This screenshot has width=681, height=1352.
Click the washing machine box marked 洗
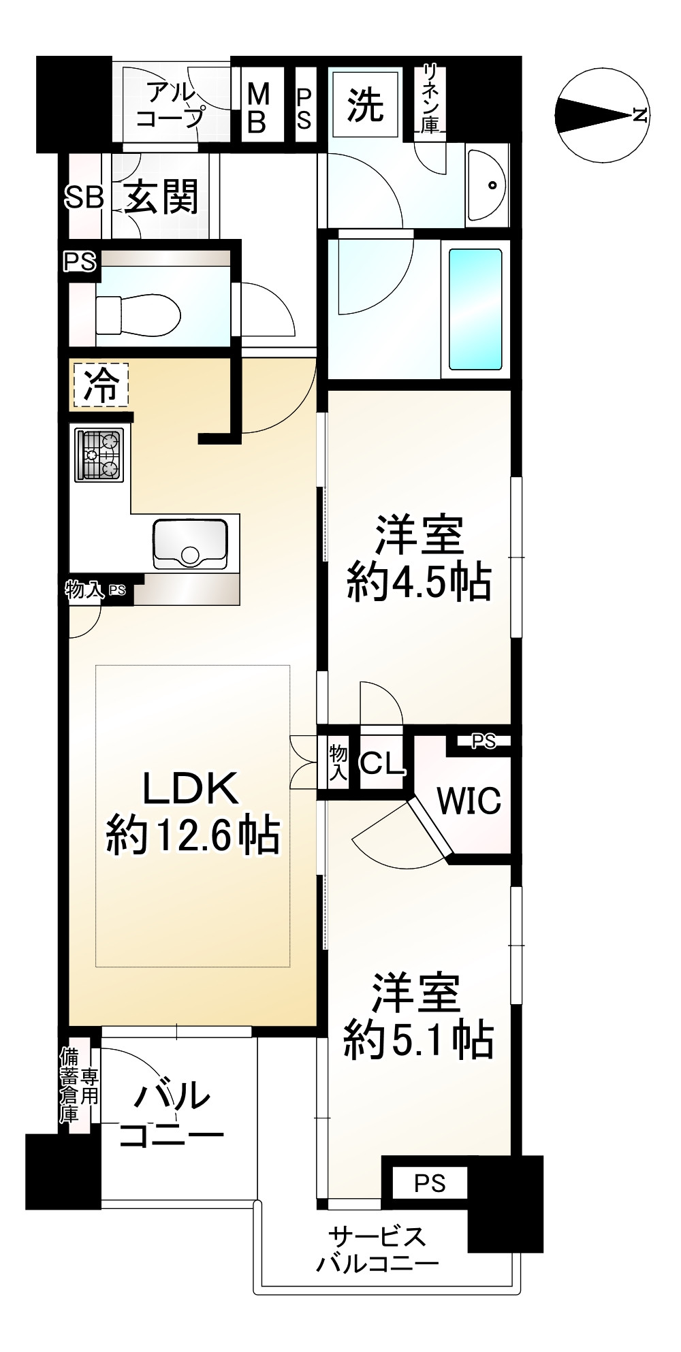(x=366, y=106)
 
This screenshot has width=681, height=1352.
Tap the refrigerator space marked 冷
(x=99, y=386)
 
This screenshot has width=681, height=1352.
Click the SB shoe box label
(x=84, y=197)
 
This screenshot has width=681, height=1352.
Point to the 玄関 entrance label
(x=161, y=197)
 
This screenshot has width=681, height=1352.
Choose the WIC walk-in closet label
(x=470, y=801)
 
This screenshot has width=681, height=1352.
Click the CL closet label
(x=382, y=764)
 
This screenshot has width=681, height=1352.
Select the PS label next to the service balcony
(x=430, y=1184)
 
